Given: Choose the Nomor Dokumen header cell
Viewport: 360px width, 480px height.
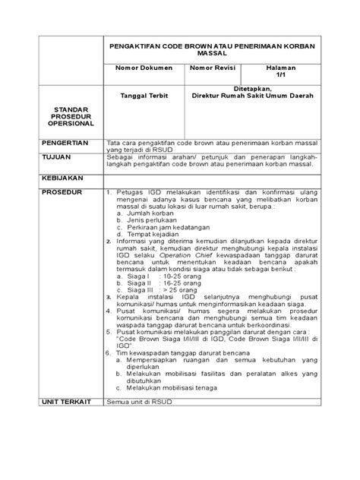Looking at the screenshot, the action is point(144,68).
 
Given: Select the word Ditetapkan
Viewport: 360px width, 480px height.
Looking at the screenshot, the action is point(258,89).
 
